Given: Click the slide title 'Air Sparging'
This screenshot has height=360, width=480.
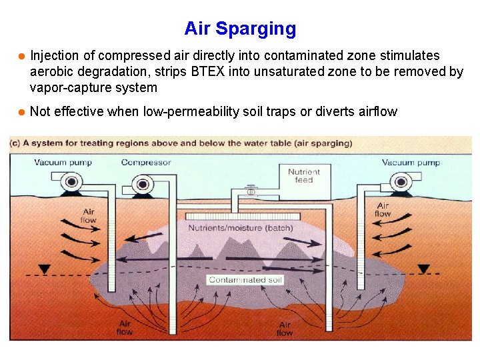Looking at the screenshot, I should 240,29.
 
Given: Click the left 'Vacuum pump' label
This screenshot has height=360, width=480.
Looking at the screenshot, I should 63,162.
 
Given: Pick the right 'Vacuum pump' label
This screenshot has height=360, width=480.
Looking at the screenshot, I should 411,162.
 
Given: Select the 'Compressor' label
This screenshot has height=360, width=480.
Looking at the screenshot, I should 146,162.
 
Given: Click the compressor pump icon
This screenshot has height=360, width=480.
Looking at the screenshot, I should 141,185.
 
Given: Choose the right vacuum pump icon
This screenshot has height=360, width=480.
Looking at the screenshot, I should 401,181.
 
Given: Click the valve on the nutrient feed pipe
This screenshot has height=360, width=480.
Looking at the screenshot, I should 251,191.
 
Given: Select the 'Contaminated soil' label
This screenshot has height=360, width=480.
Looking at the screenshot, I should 245,280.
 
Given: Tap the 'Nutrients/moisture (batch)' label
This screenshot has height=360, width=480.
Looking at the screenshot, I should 240,228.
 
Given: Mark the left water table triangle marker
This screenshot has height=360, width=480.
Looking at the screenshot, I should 45,269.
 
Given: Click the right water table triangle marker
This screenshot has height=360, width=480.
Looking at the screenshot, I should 423,269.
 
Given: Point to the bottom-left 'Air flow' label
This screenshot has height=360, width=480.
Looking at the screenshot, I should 125,327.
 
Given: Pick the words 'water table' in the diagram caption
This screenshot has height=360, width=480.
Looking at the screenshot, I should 261,143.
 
